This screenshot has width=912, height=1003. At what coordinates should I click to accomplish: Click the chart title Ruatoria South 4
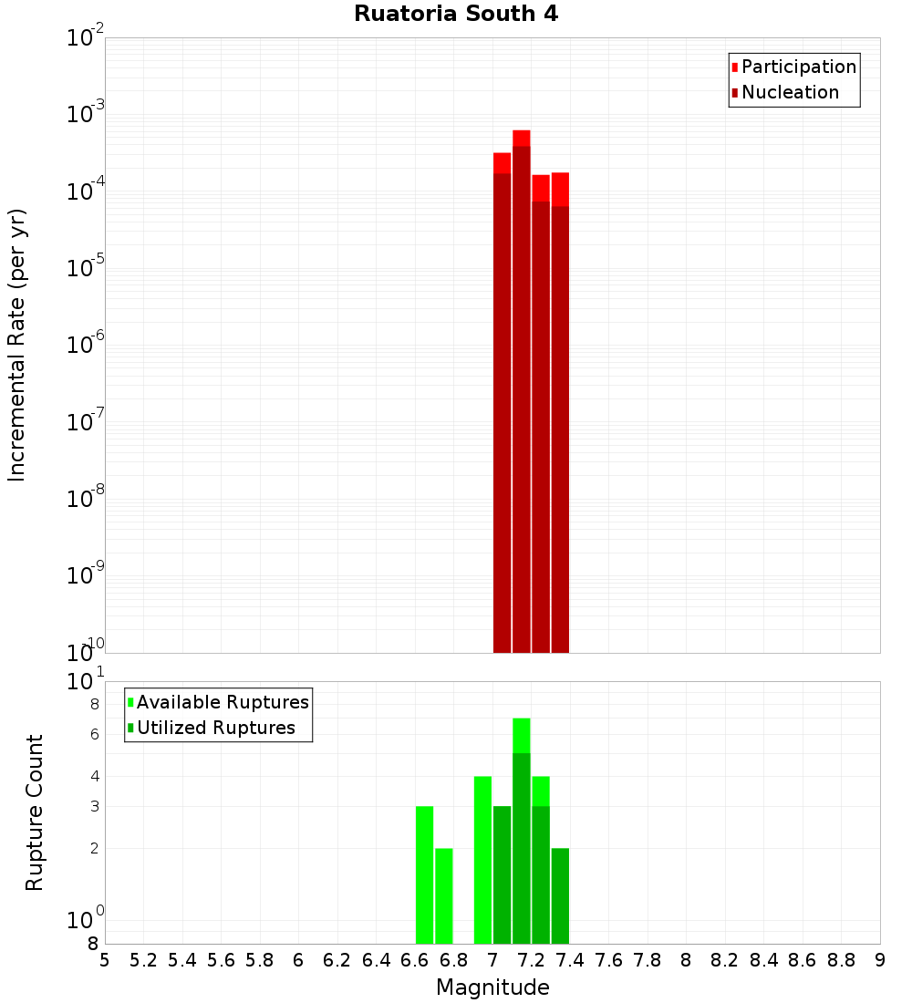coord(456,14)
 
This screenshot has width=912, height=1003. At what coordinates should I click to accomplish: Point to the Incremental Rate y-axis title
coord(17,345)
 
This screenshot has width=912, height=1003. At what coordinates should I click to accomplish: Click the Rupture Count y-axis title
coord(35,812)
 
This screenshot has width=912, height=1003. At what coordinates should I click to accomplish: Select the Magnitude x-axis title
coord(492,987)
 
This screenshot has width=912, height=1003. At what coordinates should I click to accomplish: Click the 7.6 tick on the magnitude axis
coord(608,961)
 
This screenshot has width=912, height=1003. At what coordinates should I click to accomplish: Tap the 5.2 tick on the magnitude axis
coord(143,961)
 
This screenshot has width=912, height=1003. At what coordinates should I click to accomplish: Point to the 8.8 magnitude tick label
coord(841,961)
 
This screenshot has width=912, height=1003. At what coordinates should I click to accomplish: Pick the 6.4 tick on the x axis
coord(376,961)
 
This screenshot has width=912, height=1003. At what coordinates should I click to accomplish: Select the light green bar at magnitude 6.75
coord(444,895)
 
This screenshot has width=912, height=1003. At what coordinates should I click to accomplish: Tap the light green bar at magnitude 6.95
coord(482,860)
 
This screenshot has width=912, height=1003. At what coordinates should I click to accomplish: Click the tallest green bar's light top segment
coord(522,735)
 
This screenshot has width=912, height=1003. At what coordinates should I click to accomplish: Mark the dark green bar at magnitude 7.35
coord(560,895)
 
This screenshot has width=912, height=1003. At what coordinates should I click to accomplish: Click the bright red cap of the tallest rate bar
coord(522,138)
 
